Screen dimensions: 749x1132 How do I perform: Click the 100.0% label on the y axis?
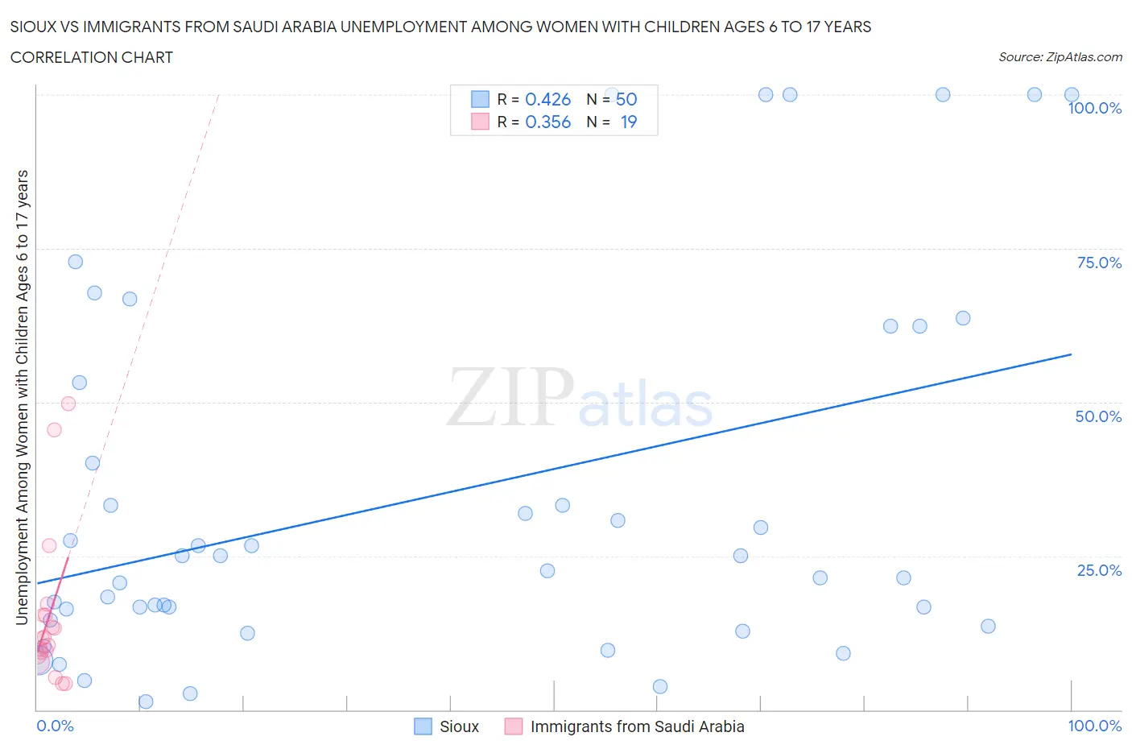1094,108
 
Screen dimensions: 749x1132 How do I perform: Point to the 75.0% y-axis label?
1099,263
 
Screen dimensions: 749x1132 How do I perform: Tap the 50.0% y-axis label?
1098,416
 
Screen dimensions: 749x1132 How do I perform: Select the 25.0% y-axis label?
1099,570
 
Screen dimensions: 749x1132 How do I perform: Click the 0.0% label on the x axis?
55,726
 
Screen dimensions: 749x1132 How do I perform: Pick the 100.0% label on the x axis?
1094,726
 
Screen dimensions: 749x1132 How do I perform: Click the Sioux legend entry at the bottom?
459,726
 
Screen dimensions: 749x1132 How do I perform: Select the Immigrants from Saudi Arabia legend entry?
637,726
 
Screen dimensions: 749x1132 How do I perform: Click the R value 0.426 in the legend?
547,99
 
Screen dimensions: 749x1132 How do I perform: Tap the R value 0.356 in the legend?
547,122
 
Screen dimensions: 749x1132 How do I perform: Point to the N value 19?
628,122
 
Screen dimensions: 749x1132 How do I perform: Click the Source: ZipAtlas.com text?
1060,57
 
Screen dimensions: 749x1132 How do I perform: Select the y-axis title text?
22,397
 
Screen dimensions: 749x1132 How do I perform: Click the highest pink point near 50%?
68,403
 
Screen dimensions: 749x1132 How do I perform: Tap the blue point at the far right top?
1071,95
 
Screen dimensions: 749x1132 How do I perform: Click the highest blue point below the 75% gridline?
75,262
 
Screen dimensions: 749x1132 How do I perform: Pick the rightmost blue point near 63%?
963,318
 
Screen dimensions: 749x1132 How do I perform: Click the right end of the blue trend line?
1071,354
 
